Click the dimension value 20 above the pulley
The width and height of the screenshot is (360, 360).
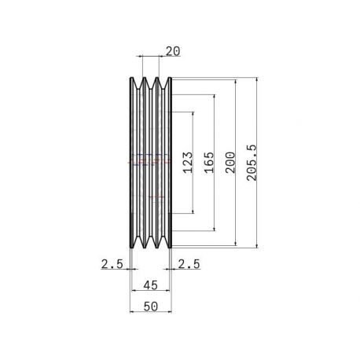[173, 51]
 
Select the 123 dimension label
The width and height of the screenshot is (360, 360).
[188, 163]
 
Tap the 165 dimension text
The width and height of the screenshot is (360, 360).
[209, 163]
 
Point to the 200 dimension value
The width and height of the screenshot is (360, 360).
[230, 163]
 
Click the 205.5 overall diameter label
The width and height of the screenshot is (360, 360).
[252, 163]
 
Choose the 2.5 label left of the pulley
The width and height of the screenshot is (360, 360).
[112, 264]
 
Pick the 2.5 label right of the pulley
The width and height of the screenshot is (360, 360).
[189, 264]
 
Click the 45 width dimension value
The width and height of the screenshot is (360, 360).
[151, 285]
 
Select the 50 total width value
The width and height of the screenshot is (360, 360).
[151, 307]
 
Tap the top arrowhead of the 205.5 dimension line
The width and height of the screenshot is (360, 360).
[257, 79]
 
